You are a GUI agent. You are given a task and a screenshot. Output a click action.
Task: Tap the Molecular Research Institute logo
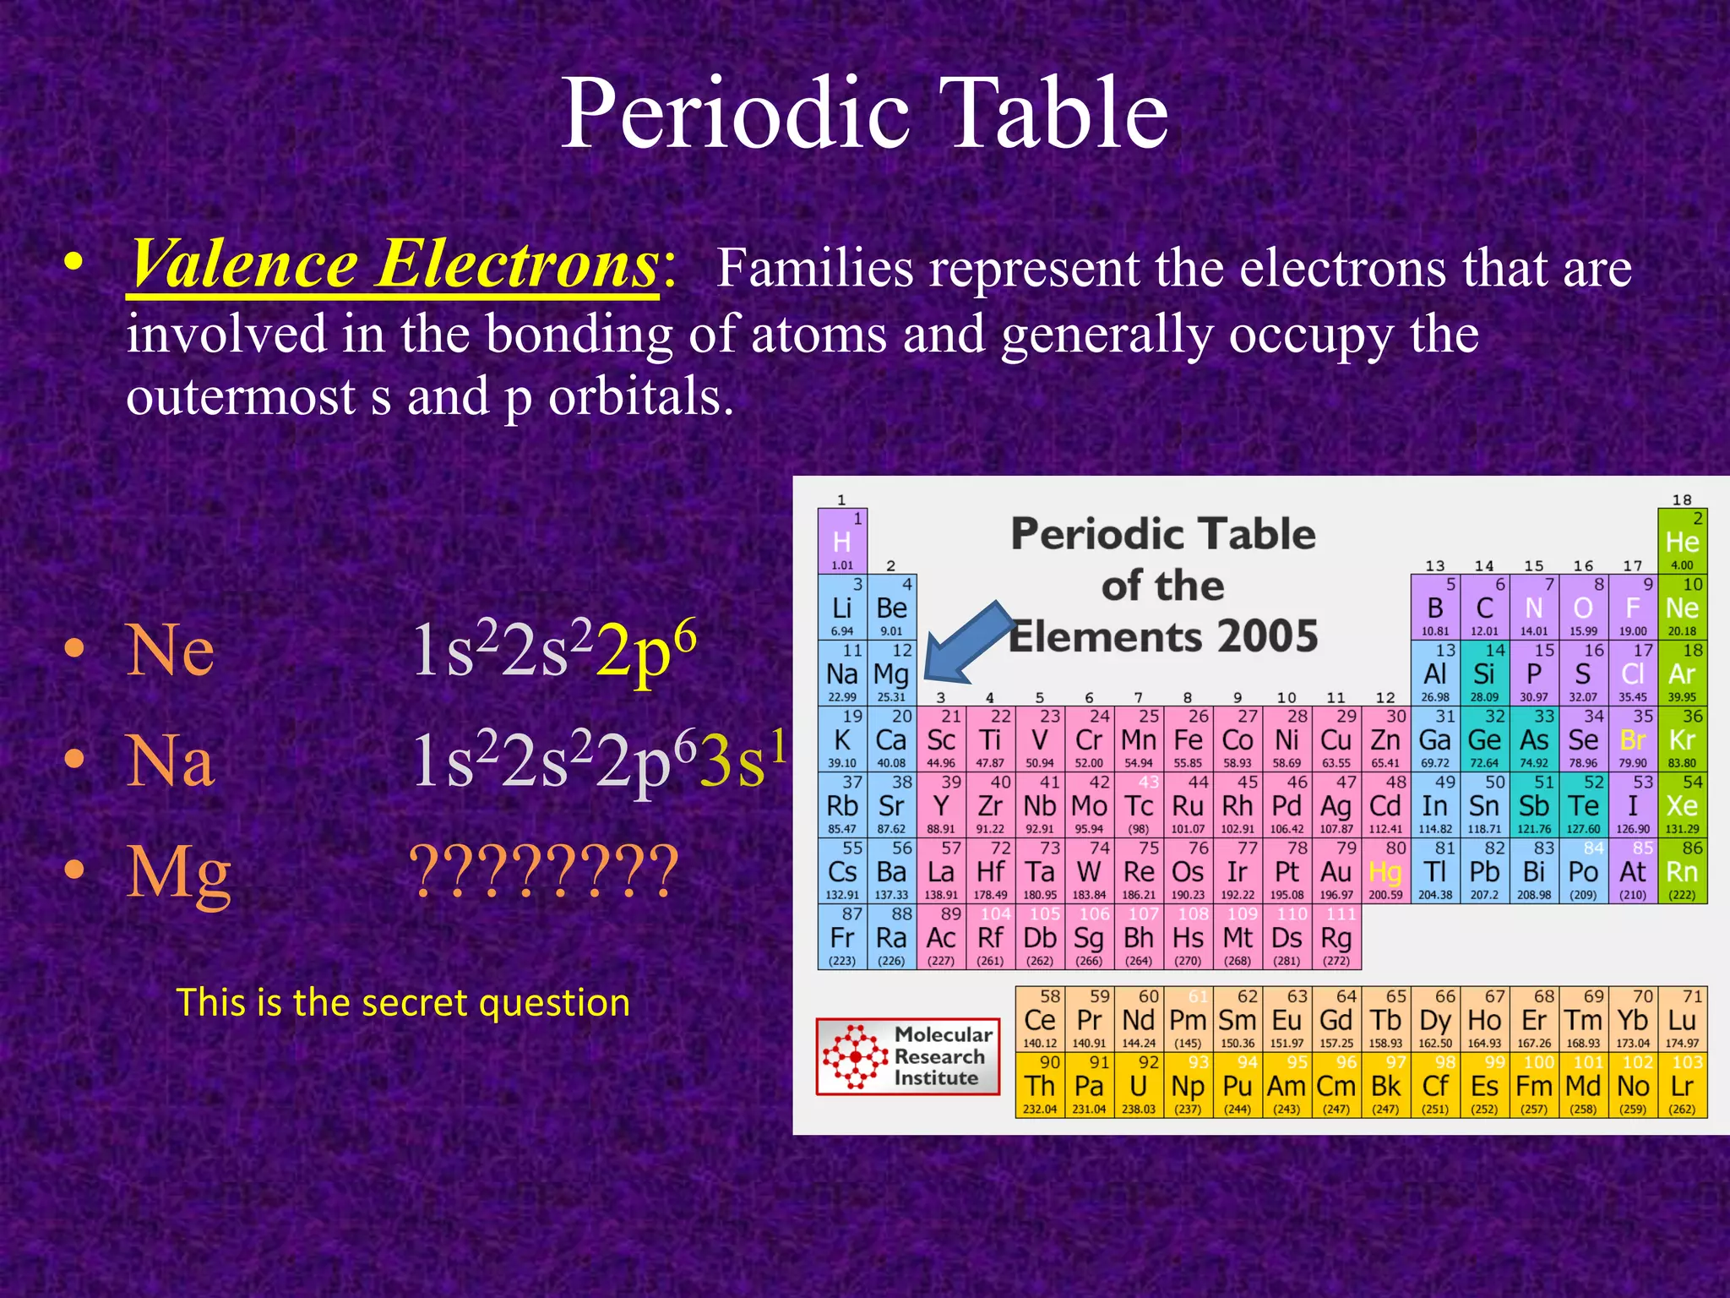(908, 1056)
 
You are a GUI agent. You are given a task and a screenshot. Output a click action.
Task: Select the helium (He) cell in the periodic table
(1682, 542)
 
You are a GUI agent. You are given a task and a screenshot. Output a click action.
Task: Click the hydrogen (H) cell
(842, 542)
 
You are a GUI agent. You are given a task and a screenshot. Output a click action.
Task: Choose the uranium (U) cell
(1139, 1086)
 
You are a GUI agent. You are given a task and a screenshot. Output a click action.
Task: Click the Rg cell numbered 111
(1336, 937)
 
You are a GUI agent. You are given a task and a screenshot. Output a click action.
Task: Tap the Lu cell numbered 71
(1682, 1020)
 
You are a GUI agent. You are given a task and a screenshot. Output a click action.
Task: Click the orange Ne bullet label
(170, 651)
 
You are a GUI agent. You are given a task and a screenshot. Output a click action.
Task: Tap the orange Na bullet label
(170, 761)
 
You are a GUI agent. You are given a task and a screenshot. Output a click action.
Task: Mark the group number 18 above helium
(1682, 499)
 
